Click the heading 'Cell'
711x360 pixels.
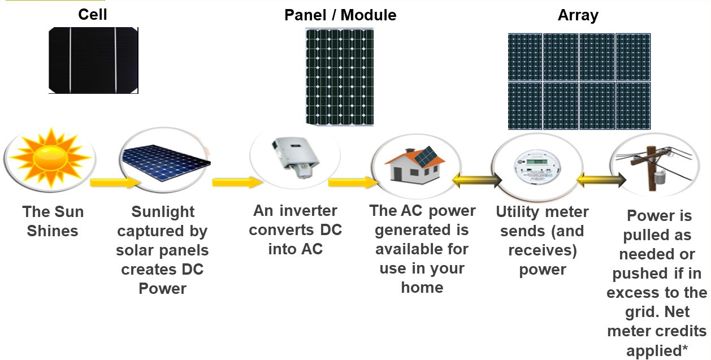(x=92, y=15)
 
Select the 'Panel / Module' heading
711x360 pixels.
(x=340, y=15)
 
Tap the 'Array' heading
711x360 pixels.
(x=578, y=16)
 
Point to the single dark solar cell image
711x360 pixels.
(x=93, y=60)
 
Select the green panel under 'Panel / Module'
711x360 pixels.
(x=340, y=77)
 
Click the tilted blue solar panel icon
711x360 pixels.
(x=166, y=163)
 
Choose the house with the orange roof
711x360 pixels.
(x=415, y=166)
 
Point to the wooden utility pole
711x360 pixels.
(x=652, y=168)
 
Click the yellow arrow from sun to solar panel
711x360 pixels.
(x=115, y=183)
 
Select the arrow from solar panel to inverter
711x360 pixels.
(x=237, y=182)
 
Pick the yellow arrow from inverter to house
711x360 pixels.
(x=353, y=182)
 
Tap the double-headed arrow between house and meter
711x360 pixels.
(x=477, y=180)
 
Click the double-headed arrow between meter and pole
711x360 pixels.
(x=601, y=180)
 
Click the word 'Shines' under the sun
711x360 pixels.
(x=53, y=231)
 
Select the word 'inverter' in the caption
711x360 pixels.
(x=308, y=210)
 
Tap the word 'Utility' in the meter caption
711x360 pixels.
(x=517, y=212)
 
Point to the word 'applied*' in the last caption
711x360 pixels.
(x=657, y=351)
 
